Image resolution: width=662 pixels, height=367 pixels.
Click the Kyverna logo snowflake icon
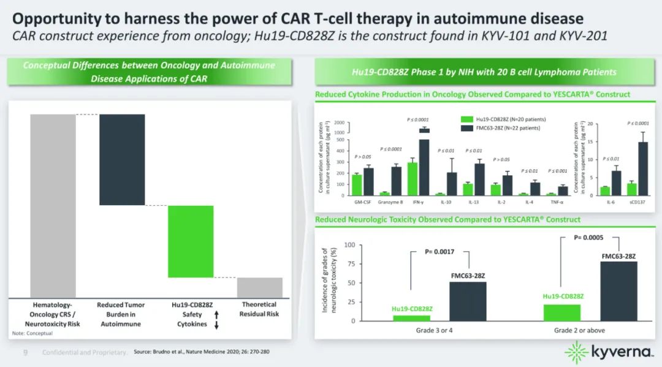point(576,352)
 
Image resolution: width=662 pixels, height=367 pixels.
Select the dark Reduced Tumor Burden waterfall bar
point(122,159)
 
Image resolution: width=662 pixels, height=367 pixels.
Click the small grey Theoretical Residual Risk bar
point(260,287)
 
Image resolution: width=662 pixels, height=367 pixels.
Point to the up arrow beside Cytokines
point(216,314)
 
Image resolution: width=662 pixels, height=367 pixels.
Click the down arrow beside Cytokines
point(216,325)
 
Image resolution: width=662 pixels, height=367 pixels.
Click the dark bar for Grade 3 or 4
point(468,301)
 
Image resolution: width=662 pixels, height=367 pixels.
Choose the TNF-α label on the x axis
point(558,201)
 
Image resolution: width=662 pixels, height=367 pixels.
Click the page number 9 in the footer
point(25,352)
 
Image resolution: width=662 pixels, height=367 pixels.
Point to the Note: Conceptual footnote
point(32,333)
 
